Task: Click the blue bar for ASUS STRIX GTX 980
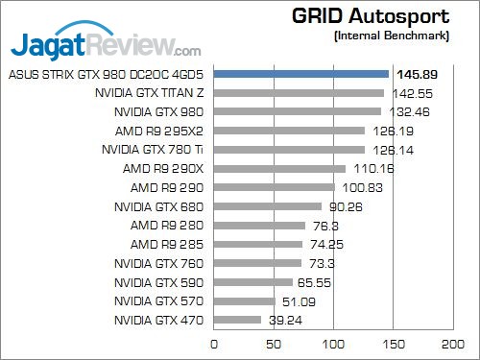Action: pos(300,74)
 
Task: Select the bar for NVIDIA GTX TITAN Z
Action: pos(299,93)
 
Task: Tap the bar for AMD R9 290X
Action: pos(279,168)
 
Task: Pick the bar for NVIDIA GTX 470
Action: pos(237,320)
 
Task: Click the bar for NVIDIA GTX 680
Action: pos(268,206)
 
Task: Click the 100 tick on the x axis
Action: pos(333,343)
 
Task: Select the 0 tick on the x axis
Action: pos(214,343)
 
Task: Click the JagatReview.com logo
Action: pos(106,44)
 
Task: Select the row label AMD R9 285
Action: pos(167,244)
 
